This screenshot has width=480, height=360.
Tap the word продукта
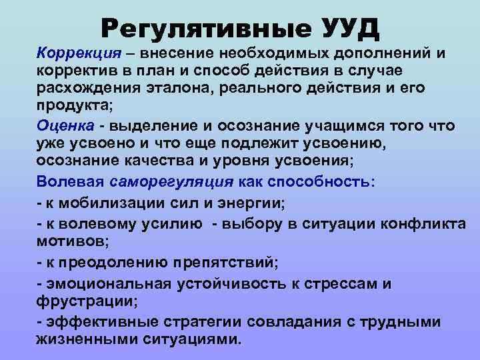[69, 106]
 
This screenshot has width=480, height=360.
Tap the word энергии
[236, 203]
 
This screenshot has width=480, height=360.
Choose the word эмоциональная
[106, 285]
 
